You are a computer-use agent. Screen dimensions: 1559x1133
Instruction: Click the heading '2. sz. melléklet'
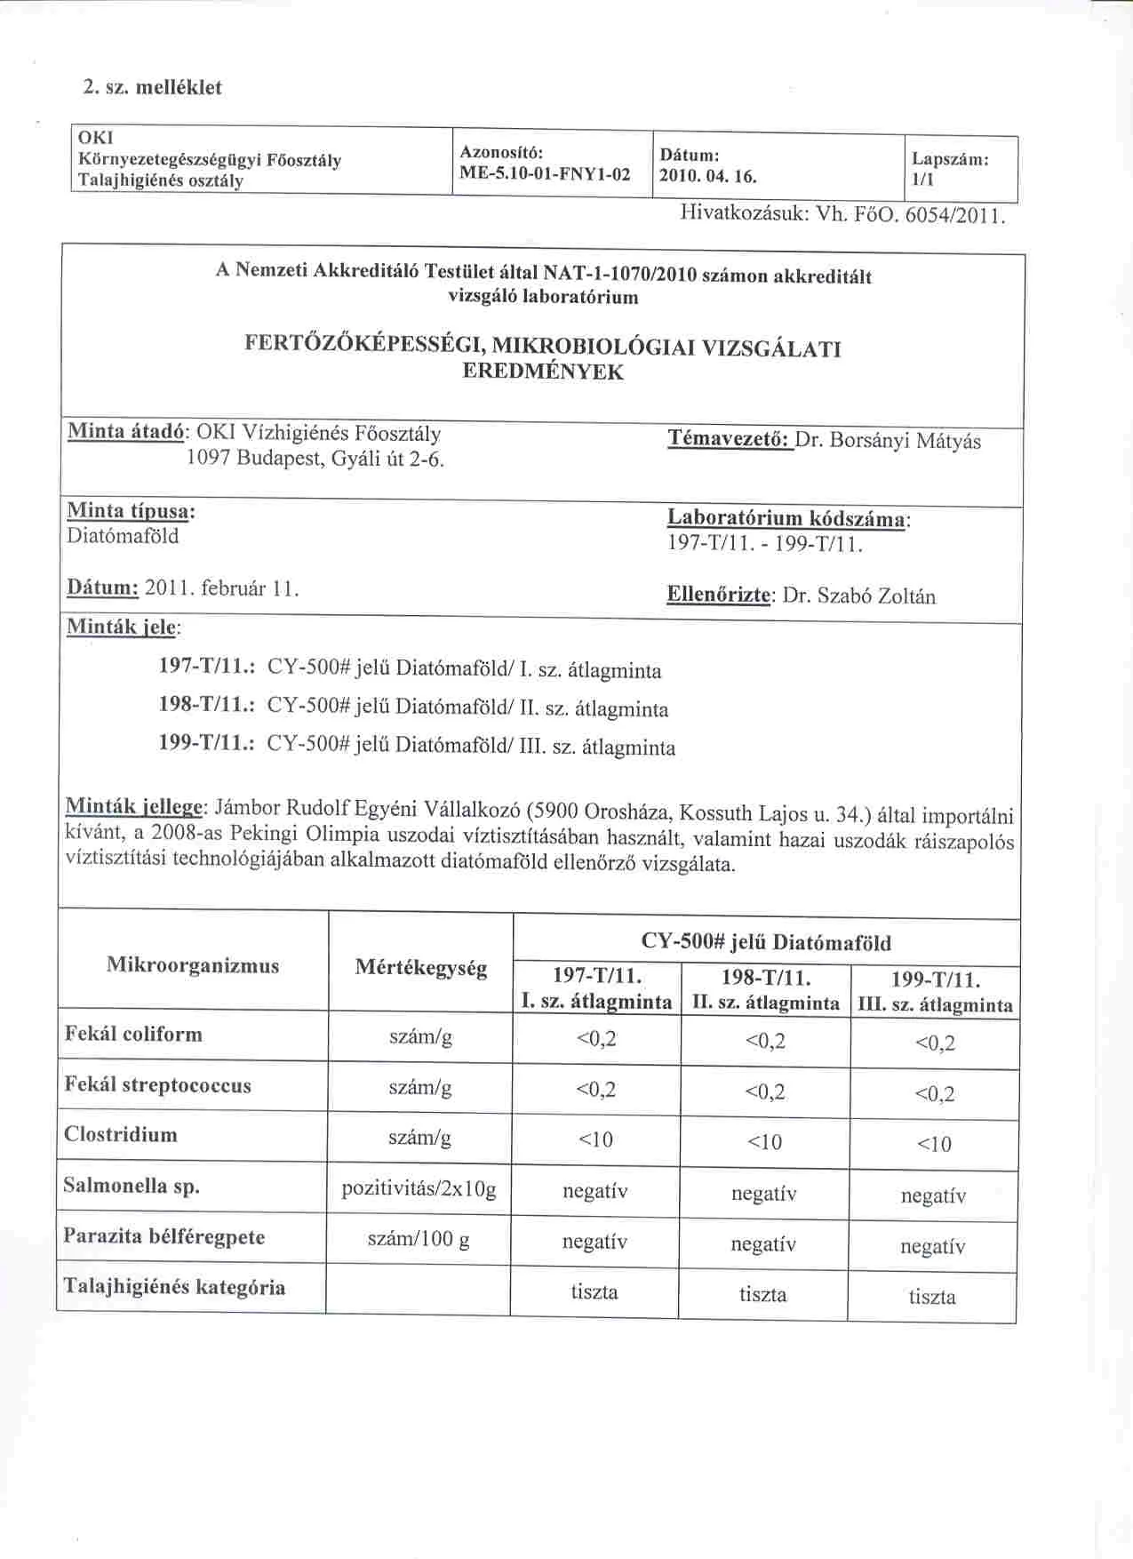coord(152,87)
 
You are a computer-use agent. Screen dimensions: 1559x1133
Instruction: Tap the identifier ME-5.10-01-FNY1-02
coord(544,174)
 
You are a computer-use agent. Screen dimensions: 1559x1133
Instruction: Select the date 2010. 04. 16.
coord(708,176)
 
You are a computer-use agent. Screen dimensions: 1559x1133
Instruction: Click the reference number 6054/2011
coord(954,214)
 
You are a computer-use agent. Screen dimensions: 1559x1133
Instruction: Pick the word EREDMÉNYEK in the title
coord(543,372)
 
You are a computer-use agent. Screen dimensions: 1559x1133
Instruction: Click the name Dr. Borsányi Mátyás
coord(888,441)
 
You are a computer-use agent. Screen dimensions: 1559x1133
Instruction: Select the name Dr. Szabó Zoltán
coord(858,596)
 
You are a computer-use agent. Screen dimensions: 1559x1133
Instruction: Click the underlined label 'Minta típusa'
coord(130,511)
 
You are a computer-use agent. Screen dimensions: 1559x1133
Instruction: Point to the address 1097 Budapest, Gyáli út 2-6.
coord(315,459)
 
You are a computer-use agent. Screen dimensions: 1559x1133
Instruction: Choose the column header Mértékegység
coord(420,968)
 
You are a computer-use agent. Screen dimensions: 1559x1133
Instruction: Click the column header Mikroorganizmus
coord(193,965)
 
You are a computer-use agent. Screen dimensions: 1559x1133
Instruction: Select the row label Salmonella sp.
coord(132,1185)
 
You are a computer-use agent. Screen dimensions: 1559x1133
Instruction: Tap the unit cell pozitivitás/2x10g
coord(419,1188)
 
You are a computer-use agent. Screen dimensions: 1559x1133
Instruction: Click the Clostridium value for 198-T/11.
coord(764,1142)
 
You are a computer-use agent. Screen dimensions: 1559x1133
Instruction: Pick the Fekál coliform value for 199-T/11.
coord(934,1043)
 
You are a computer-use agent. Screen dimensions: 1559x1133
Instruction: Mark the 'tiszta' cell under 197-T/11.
coord(594,1291)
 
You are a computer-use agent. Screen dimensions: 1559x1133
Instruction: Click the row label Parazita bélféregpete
coord(164,1236)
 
